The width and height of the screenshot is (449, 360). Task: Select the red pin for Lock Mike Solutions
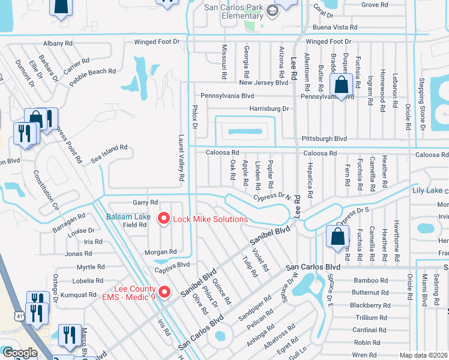[x=163, y=219]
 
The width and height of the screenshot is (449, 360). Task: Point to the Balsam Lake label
[x=129, y=216]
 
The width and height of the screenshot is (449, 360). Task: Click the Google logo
[x=19, y=353]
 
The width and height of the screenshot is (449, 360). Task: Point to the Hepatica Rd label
[x=310, y=179]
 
